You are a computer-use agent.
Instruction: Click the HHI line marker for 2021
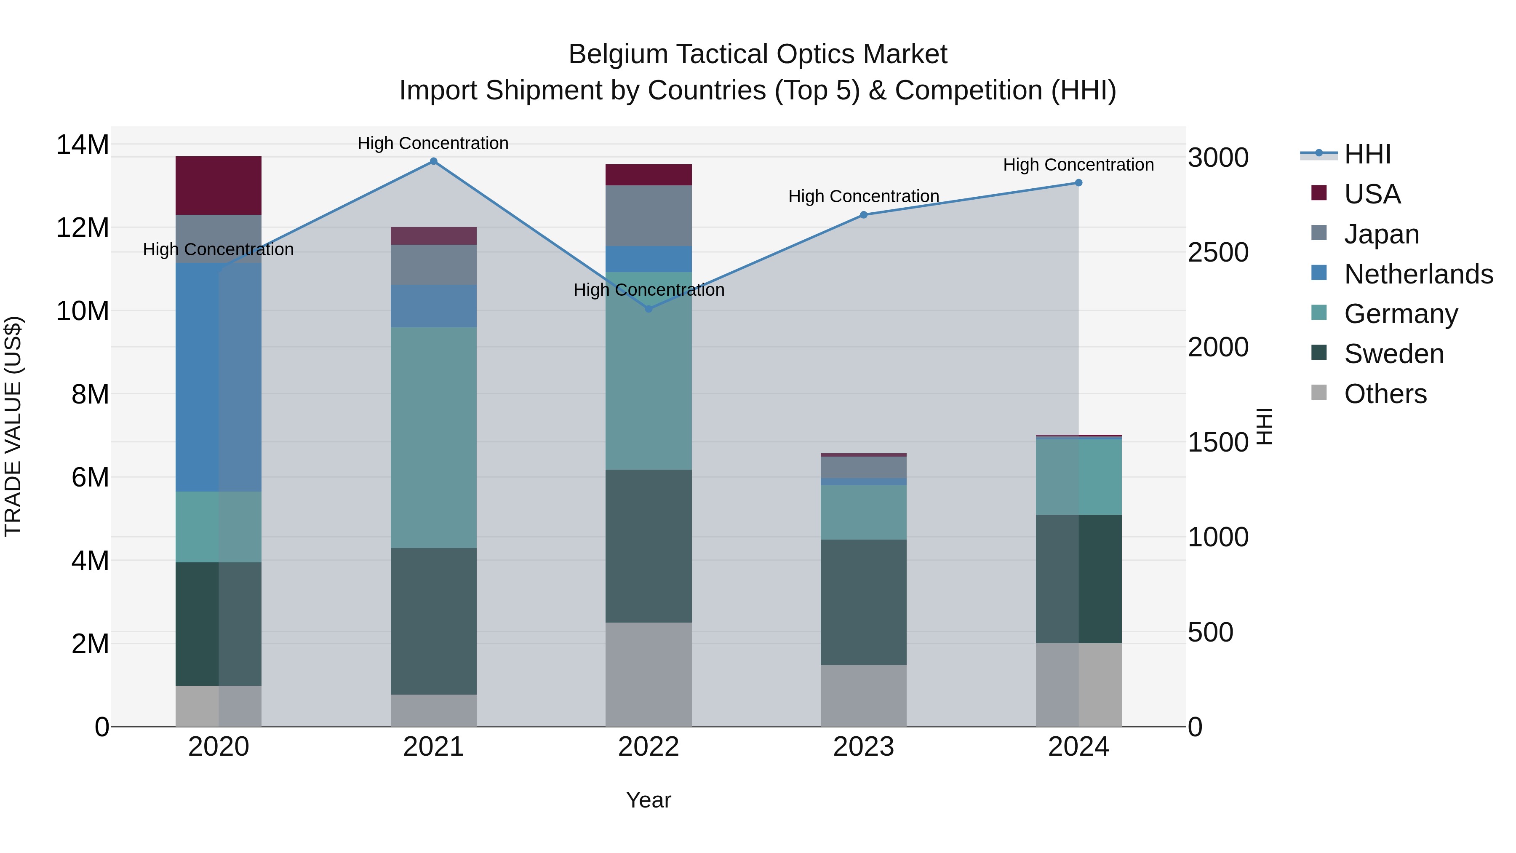tap(433, 161)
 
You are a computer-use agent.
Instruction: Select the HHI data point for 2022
tap(649, 309)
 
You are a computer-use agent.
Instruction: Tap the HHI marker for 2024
tap(1078, 183)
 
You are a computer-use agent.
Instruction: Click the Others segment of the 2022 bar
tap(649, 674)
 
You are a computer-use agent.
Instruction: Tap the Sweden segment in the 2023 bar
tap(863, 602)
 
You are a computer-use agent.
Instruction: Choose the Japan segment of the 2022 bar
tap(649, 215)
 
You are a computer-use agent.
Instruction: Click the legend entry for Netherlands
tap(1418, 274)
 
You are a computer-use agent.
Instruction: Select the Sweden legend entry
tap(1393, 354)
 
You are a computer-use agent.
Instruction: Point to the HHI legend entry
tap(1367, 154)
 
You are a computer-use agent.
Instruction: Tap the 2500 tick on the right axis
tap(1217, 253)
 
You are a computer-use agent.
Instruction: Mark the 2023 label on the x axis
tap(863, 747)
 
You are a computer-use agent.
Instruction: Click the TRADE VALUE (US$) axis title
tap(13, 426)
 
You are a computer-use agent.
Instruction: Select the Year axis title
tap(649, 800)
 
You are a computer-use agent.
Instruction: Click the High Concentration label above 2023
tap(863, 197)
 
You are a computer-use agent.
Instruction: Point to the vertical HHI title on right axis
tap(1265, 426)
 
